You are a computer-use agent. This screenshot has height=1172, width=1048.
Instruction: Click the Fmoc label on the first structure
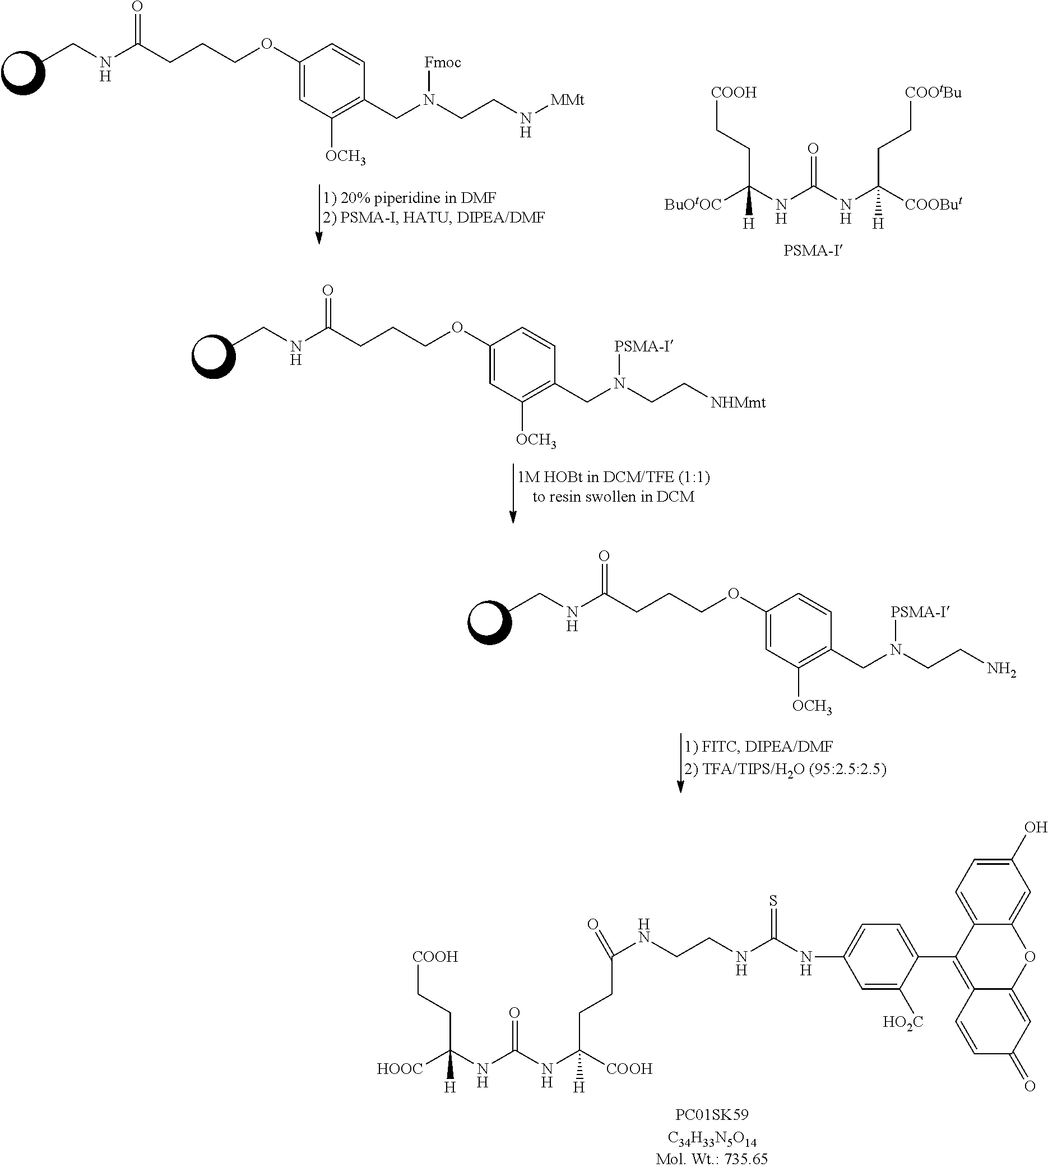point(442,62)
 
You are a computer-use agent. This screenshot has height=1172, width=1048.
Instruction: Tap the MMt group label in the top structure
point(567,100)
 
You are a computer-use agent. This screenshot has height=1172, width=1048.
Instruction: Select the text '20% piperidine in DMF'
point(418,198)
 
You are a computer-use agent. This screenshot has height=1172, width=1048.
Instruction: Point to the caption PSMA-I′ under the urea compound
point(813,251)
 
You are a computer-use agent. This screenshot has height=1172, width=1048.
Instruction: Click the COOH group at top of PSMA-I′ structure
point(734,92)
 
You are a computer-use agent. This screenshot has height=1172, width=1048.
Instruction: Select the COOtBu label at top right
point(934,92)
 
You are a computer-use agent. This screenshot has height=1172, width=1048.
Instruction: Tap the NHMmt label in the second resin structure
point(738,402)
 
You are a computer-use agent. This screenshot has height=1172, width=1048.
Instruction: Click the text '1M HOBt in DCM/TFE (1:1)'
point(613,477)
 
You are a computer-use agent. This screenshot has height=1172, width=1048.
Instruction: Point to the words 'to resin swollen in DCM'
point(613,497)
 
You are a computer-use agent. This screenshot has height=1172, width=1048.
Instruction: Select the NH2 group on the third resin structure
point(1001,669)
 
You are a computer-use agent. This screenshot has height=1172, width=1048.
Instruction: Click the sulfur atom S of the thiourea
point(773,900)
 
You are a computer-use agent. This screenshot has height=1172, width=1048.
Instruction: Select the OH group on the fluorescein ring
point(1035,828)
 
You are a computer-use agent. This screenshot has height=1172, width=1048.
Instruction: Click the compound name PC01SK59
point(712,1115)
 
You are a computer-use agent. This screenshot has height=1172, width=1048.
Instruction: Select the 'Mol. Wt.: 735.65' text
point(712,1159)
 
